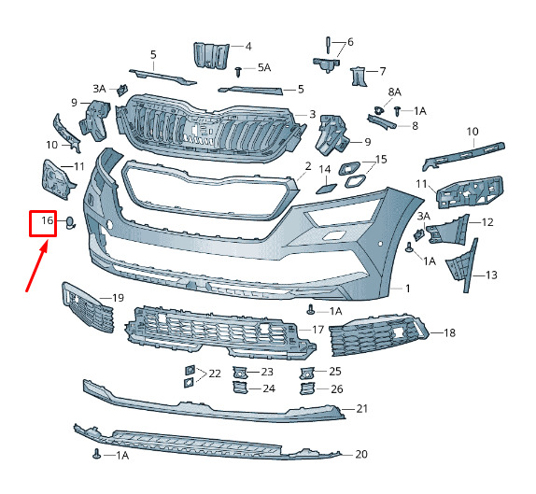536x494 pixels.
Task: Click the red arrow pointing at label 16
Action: point(36,265)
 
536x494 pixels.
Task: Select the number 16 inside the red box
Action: point(48,220)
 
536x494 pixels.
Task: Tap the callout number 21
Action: point(361,408)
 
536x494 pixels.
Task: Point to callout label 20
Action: point(361,454)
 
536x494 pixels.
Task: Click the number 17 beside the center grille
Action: point(317,330)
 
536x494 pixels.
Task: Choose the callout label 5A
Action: point(264,67)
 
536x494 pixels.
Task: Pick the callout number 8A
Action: point(394,92)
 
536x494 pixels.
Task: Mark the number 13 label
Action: point(491,275)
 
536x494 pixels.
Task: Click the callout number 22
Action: point(215,374)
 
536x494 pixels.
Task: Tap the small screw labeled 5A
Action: point(239,72)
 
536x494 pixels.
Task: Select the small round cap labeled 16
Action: point(70,222)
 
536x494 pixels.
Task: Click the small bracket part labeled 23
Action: point(240,373)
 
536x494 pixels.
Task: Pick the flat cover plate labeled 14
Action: point(326,189)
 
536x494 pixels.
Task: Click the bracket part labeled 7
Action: point(359,76)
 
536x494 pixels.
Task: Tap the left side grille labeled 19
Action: point(88,306)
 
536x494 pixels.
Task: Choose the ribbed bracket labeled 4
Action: point(211,55)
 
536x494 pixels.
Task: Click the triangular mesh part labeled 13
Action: point(461,265)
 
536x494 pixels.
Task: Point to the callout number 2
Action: point(308,166)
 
